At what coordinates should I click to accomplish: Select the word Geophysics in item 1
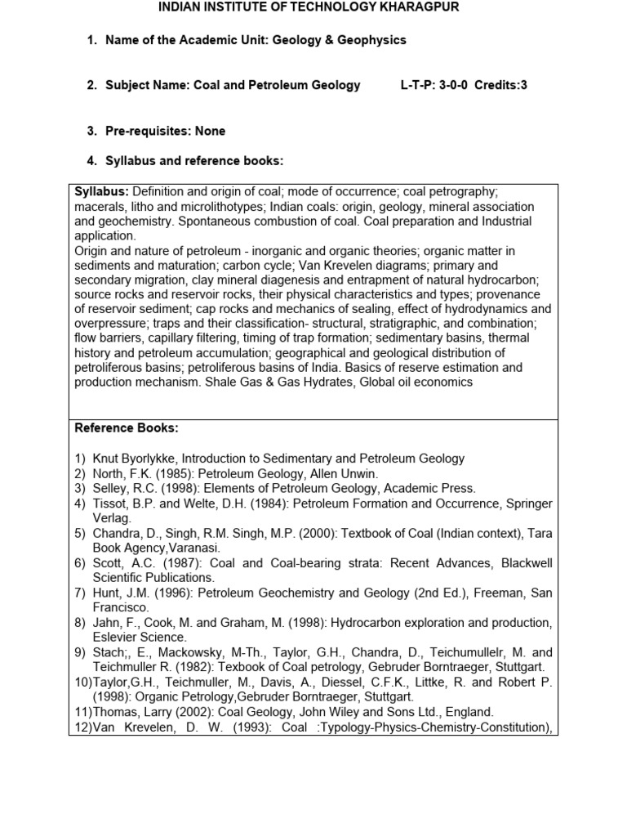tap(371, 40)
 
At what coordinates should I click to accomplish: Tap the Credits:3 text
tap(500, 85)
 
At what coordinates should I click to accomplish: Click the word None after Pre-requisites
tap(210, 131)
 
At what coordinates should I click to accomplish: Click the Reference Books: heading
tap(127, 427)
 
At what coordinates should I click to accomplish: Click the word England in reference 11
tap(470, 711)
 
